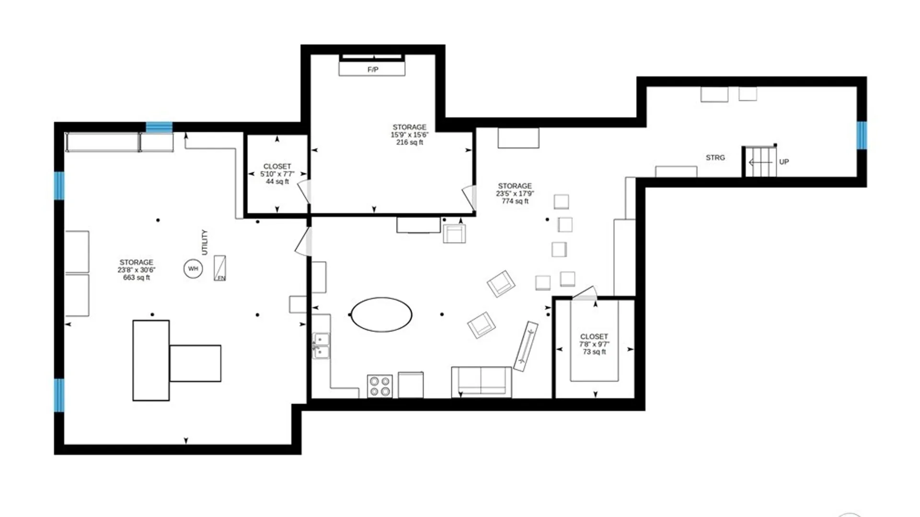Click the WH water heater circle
click(193, 269)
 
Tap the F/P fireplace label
click(373, 69)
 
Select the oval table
click(381, 315)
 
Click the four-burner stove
click(380, 386)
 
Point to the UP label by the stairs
click(784, 162)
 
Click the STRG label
click(715, 157)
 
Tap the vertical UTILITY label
click(205, 242)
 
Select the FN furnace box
click(220, 268)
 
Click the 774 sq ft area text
click(515, 201)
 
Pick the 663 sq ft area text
click(137, 278)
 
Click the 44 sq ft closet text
click(277, 181)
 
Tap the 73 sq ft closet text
click(594, 352)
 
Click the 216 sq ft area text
click(410, 142)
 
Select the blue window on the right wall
click(862, 135)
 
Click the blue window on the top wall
click(159, 127)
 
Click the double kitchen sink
click(321, 346)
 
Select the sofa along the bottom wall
click(482, 382)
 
